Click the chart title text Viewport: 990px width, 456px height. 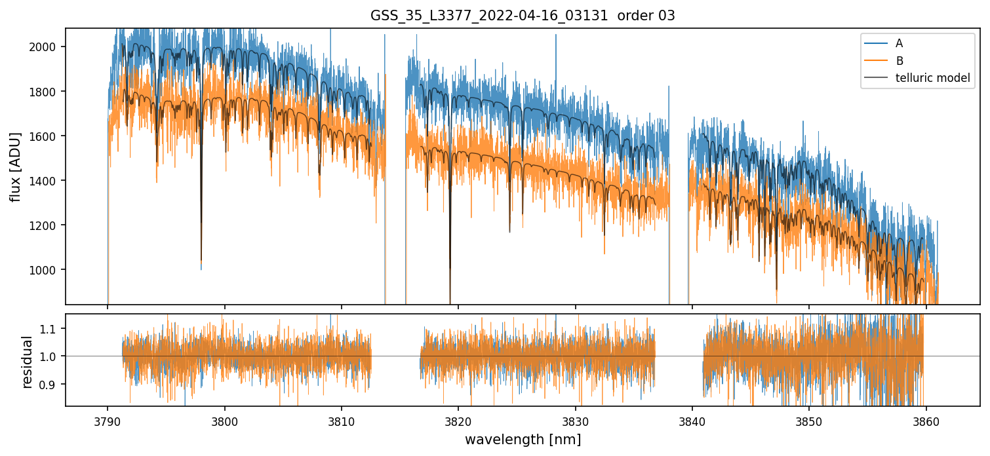(x=523, y=16)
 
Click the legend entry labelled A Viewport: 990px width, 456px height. (x=899, y=43)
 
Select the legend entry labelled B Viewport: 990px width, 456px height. (x=899, y=61)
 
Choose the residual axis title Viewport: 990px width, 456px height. (x=28, y=362)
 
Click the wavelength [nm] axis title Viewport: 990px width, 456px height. (x=523, y=440)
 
